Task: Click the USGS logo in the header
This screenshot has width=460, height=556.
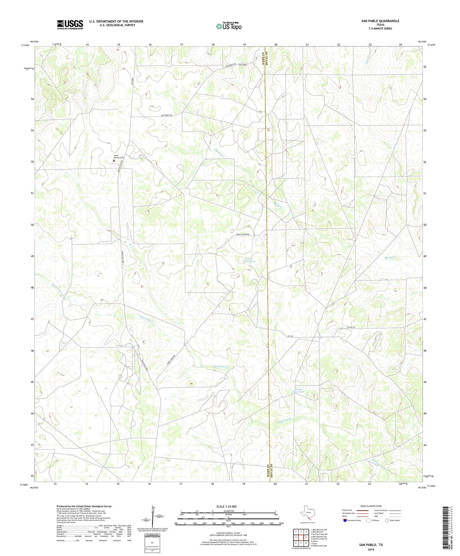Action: (70, 25)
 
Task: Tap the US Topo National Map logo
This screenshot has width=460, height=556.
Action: (228, 26)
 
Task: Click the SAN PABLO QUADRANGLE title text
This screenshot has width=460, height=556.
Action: (380, 21)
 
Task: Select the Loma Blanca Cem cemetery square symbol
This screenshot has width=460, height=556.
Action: (114, 160)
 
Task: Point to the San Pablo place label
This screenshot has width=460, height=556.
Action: (243, 65)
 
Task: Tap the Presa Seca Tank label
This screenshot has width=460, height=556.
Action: (298, 390)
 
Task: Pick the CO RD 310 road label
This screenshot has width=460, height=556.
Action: (351, 328)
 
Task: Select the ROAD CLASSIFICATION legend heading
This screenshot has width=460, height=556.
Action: (371, 506)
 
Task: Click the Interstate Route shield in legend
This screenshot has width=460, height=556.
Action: (345, 520)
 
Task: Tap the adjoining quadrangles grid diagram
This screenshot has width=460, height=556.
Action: (301, 535)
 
